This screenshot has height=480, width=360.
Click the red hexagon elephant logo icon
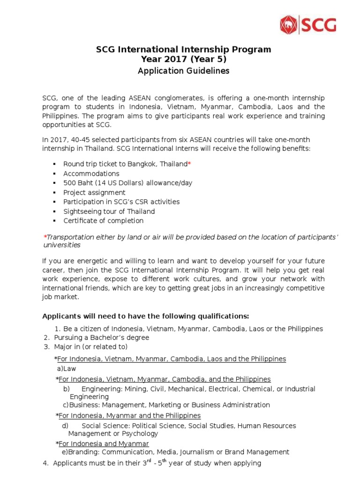289,24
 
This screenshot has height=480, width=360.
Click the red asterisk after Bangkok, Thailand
189,164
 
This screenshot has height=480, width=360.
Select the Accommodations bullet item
91,173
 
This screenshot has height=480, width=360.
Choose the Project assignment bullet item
94,192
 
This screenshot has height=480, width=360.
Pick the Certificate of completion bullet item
103,220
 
